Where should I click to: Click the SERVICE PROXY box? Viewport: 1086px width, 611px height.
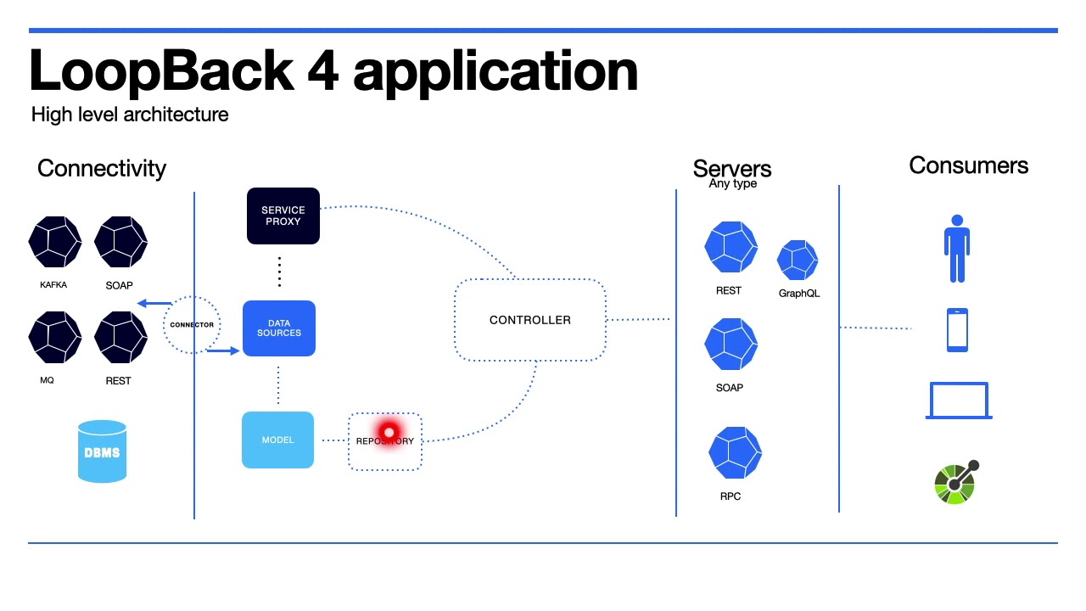[283, 216]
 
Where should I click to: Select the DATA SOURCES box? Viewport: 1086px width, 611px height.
[279, 328]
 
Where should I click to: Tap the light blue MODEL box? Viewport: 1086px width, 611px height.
[277, 440]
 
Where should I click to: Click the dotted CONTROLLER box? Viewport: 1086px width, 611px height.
[530, 320]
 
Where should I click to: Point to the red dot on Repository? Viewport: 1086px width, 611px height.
[389, 433]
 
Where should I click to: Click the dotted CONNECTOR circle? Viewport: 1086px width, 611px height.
[192, 325]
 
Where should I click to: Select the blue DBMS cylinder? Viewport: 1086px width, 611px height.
[102, 451]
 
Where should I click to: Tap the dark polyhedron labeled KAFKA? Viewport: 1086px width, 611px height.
[54, 242]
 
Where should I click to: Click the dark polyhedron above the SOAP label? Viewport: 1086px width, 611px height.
[120, 242]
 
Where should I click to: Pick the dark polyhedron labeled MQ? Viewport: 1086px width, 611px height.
[54, 337]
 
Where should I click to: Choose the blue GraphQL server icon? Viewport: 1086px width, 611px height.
[798, 260]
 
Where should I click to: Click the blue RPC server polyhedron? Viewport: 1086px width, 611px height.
[735, 453]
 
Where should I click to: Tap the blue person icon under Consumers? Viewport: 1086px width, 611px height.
[956, 248]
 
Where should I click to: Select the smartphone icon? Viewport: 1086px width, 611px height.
[957, 330]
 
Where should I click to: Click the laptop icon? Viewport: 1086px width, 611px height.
[959, 401]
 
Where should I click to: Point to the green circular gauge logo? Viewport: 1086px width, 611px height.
[955, 484]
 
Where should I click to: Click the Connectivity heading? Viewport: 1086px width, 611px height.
[102, 168]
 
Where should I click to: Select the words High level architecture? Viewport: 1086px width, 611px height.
[130, 115]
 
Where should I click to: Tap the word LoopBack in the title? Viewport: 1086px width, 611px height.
[161, 71]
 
